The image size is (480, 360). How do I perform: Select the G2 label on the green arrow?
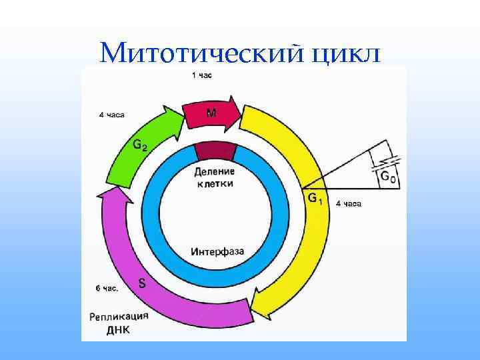141,144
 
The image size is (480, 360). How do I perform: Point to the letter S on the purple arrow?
142,283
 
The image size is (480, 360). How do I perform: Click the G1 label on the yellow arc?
315,199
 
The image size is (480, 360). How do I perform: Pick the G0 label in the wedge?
387,175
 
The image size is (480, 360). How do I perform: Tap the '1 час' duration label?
202,75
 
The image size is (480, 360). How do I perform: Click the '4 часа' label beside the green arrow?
111,115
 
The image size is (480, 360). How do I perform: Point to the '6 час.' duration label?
107,289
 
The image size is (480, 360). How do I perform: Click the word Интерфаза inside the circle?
217,252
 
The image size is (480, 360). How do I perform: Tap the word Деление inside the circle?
215,171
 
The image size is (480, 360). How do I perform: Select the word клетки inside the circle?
215,183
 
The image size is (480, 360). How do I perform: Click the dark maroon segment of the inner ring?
215,151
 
